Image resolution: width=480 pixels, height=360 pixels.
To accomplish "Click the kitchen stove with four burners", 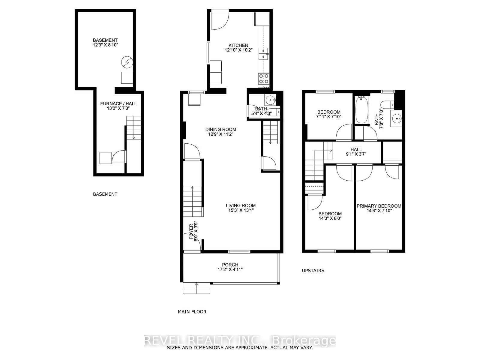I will click(264, 79).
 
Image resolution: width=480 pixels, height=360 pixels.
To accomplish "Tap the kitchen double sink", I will click(263, 54).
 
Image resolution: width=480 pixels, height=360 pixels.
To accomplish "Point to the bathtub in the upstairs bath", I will click(361, 110).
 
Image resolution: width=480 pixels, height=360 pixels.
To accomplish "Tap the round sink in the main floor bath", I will click(271, 99).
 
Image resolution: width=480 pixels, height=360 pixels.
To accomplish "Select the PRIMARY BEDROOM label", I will click(379, 206).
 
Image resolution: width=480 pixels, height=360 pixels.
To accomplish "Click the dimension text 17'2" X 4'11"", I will click(230, 269).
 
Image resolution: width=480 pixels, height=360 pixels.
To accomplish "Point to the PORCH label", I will click(230, 265).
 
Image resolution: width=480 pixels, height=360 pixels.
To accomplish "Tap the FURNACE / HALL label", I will click(118, 104).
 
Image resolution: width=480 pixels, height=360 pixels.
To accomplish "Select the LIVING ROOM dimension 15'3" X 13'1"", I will click(241, 210).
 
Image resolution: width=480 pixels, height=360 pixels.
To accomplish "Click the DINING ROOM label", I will click(220, 130).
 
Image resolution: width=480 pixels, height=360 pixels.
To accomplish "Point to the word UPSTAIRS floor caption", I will click(313, 271).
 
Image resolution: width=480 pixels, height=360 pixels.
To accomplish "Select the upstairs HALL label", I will click(356, 149).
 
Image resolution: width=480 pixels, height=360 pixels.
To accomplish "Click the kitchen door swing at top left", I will click(219, 20).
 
